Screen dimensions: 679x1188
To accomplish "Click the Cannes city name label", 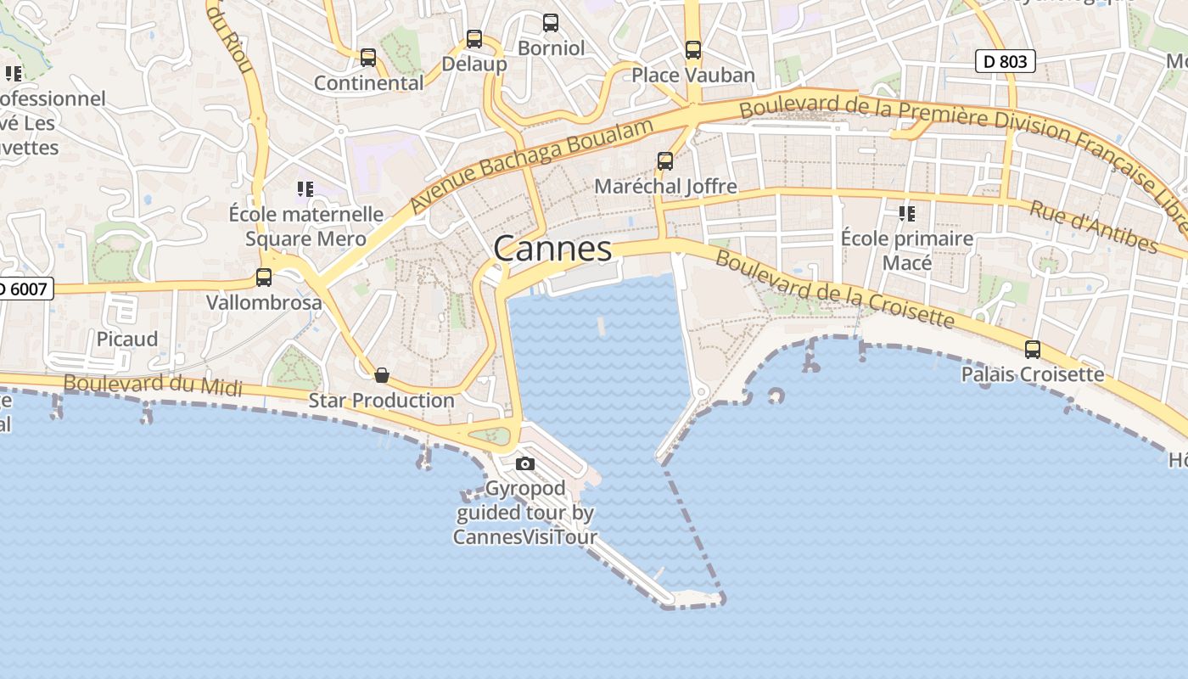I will click(552, 249).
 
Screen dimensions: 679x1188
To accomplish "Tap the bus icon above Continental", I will click(368, 58).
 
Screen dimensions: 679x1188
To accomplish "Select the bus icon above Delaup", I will click(474, 39).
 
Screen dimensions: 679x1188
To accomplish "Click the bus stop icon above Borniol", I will click(551, 23).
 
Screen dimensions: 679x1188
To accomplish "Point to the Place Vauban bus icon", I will click(693, 50).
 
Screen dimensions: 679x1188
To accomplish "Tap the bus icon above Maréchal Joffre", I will click(665, 161).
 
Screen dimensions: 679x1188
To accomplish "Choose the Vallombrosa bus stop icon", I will click(264, 278).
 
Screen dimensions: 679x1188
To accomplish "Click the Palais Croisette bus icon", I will click(1033, 350).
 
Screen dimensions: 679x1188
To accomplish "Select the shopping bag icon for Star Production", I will click(382, 375).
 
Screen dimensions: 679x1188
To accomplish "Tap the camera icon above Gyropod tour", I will click(525, 463).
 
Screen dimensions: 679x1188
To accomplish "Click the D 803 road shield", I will click(1006, 61).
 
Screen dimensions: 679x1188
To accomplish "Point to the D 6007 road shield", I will click(25, 289).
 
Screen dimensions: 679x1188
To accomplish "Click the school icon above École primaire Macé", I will click(907, 213).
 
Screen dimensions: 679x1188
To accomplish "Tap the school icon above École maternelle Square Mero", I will click(305, 188).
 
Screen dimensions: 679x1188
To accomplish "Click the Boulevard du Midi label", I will click(153, 385).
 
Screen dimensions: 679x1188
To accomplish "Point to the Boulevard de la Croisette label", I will click(835, 289).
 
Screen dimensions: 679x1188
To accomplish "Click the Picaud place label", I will click(127, 339).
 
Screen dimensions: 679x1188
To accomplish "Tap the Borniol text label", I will click(552, 48).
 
